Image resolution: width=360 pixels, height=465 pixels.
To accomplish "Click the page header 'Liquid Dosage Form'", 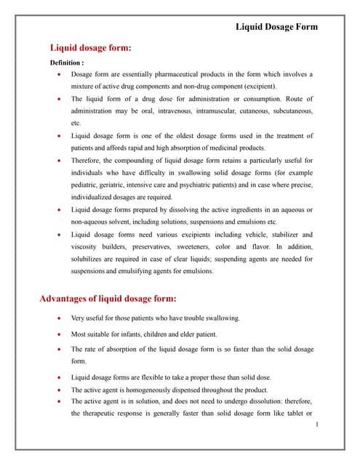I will pos(276,27).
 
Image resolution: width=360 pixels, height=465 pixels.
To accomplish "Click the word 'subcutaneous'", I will pos(290,110).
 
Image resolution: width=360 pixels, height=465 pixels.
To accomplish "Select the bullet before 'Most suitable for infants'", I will pos(58,334).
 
